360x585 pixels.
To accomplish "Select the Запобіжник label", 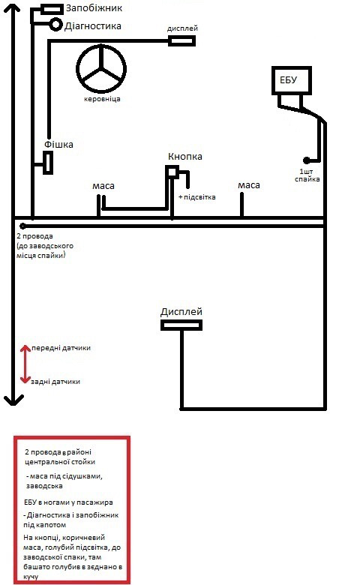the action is [x=94, y=7].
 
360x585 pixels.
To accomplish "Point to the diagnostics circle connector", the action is [x=55, y=25].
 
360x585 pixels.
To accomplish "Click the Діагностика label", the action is [x=92, y=26].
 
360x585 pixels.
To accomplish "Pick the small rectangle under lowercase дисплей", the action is [x=181, y=40].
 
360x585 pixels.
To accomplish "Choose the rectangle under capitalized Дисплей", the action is [x=181, y=325].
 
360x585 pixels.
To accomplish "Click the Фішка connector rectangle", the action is [x=48, y=163].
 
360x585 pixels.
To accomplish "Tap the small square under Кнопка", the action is [x=172, y=172].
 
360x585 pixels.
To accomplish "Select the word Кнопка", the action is [x=185, y=156].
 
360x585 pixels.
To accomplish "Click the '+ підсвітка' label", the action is [x=197, y=196].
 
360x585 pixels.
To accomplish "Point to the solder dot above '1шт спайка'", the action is [x=306, y=160].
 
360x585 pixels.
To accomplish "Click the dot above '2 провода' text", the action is [x=22, y=226].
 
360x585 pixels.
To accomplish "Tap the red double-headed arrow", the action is [x=25, y=364].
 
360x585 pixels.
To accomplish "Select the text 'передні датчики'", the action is [x=61, y=348].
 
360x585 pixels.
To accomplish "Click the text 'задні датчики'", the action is [x=55, y=382].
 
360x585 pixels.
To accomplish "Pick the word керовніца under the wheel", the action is [x=102, y=99].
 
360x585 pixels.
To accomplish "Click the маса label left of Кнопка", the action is [x=103, y=186].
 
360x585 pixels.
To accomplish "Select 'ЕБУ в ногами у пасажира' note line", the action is [x=68, y=502].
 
